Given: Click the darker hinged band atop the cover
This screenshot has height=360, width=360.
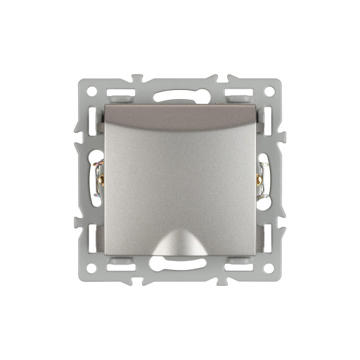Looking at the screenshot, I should click(180, 116).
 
